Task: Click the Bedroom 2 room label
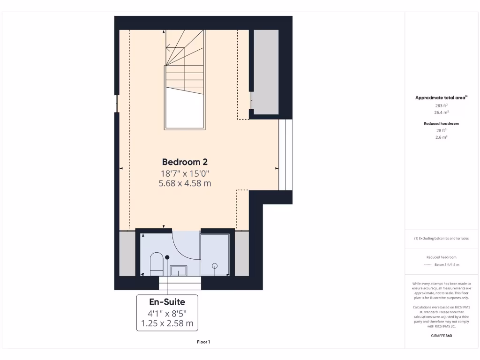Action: (185, 162)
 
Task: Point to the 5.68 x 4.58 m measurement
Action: (185, 183)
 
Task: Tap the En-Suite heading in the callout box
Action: (167, 302)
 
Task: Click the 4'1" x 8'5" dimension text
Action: (167, 313)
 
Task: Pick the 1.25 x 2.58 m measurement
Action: (167, 323)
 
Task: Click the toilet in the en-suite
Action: (156, 264)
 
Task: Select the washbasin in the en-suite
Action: (178, 270)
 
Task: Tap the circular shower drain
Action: (215, 266)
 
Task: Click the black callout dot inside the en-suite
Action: (167, 257)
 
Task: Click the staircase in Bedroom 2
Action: (184, 80)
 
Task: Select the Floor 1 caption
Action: (203, 342)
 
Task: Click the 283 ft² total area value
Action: (441, 105)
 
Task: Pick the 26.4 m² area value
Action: (441, 112)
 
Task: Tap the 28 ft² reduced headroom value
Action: (441, 131)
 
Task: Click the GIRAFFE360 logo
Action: (441, 336)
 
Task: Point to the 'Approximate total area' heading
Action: (441, 98)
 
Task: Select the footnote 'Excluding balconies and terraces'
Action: (442, 239)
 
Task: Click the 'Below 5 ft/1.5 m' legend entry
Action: (447, 265)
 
